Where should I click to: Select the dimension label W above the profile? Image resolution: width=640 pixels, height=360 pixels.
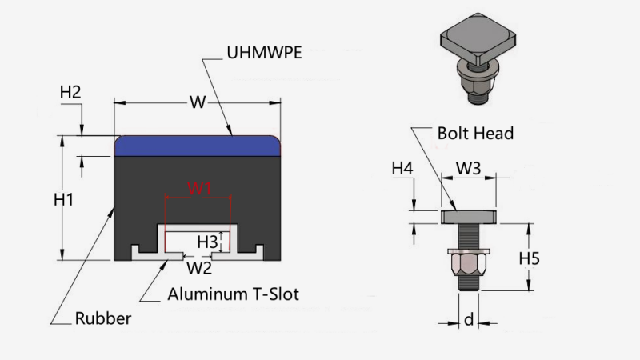click(x=197, y=102)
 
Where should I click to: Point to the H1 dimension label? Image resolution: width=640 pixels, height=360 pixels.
click(x=64, y=199)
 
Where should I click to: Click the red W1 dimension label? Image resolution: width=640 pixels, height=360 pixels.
click(x=198, y=189)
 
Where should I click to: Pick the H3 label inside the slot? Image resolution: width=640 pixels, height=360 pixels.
click(x=207, y=240)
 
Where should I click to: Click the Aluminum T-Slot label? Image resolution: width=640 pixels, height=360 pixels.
click(x=233, y=294)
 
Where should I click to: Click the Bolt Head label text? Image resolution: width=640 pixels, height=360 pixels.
click(x=475, y=133)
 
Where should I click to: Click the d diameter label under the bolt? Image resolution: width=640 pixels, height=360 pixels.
click(x=468, y=321)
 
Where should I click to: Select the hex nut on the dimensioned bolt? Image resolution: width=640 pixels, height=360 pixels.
click(x=468, y=262)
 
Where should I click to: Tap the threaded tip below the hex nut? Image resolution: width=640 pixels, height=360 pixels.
click(x=468, y=283)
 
